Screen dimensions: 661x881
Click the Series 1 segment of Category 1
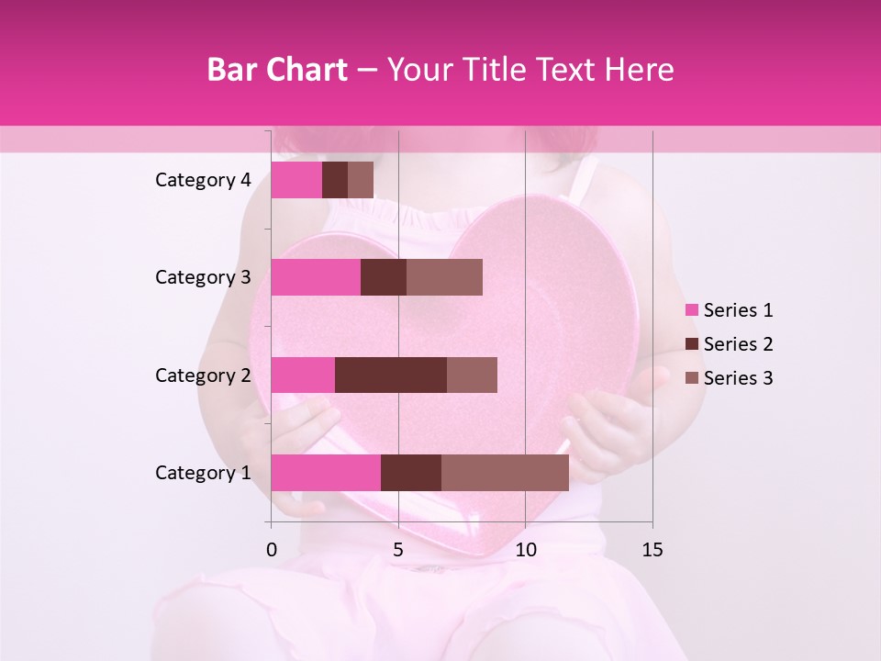click(326, 473)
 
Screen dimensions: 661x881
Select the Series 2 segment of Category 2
click(391, 375)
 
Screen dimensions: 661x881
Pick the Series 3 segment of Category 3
click(444, 277)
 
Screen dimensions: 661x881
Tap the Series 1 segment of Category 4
click(296, 180)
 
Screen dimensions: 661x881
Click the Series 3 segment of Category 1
click(505, 473)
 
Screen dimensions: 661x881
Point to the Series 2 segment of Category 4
click(335, 180)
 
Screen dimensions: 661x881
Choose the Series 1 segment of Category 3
click(316, 277)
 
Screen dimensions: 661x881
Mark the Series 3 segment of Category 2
click(472, 375)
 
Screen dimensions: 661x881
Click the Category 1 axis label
click(203, 473)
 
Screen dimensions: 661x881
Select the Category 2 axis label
click(203, 375)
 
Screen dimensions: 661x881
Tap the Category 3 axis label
click(203, 277)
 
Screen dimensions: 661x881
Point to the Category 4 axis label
click(203, 180)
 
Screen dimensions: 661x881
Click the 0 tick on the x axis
click(272, 550)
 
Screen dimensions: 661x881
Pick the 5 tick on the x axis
click(398, 550)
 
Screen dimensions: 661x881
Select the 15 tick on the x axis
click(652, 550)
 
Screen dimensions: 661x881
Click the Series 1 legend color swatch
click(691, 310)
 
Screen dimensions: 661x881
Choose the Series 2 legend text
click(738, 344)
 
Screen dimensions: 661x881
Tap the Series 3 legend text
click(738, 378)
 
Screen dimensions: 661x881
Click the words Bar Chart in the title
click(277, 69)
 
